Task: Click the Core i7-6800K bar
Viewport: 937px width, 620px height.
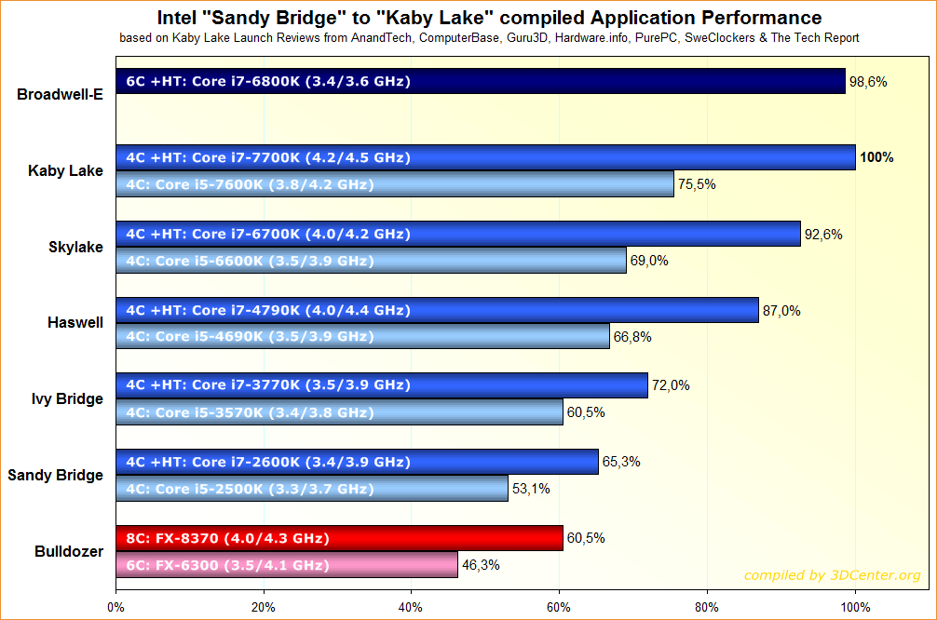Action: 480,82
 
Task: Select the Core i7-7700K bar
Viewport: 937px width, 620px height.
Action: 485,157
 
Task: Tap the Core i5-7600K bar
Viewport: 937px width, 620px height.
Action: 394,184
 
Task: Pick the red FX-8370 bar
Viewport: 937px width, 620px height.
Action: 339,538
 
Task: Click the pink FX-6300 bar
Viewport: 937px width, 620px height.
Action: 286,565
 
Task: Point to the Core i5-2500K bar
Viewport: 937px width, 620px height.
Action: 311,489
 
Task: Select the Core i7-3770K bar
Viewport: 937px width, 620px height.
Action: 381,384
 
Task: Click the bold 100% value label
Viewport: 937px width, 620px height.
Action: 876,157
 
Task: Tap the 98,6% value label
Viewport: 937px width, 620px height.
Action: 868,82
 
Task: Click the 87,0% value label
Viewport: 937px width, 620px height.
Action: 781,310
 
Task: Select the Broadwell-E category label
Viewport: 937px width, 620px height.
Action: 60,94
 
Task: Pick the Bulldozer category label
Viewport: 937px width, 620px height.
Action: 68,551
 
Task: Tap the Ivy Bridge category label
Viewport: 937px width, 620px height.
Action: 67,399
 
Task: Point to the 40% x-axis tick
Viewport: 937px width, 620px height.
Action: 411,607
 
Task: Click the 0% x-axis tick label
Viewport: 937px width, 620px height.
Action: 115,607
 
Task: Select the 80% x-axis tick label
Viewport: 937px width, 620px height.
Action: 707,607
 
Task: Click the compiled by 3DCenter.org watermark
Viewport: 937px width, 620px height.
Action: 832,575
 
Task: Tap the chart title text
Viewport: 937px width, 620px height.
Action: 489,18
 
